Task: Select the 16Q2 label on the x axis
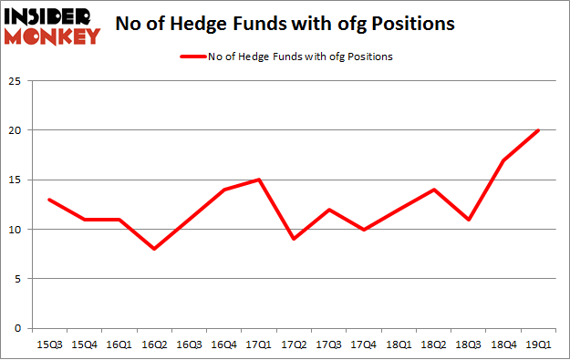click(x=157, y=345)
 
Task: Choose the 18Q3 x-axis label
click(x=466, y=345)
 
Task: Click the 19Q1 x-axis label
click(x=536, y=345)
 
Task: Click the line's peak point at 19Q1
click(x=538, y=130)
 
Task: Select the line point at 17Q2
click(x=293, y=239)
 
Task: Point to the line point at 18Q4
click(x=503, y=160)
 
